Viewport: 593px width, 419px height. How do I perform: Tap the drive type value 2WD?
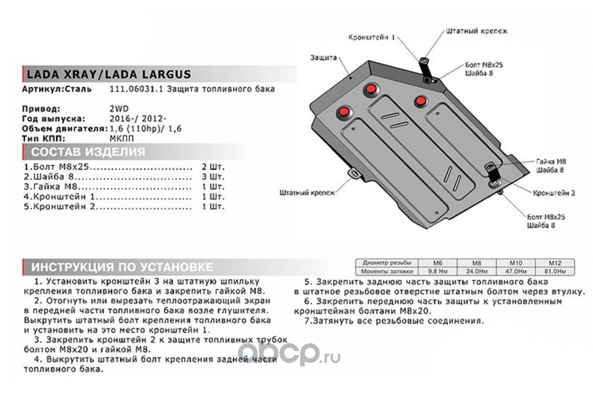119,109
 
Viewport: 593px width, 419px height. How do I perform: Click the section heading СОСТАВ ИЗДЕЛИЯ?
88,152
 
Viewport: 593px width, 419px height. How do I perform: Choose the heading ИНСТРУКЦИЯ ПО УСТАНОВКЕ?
122,267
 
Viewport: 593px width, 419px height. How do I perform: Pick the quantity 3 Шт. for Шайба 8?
213,177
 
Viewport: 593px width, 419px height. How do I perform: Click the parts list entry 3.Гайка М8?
52,187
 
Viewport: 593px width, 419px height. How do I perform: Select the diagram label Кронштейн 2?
554,193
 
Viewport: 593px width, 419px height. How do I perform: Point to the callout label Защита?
323,57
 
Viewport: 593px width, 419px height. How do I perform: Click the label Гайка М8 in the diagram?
550,162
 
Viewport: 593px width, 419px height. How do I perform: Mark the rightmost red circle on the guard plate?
420,101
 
